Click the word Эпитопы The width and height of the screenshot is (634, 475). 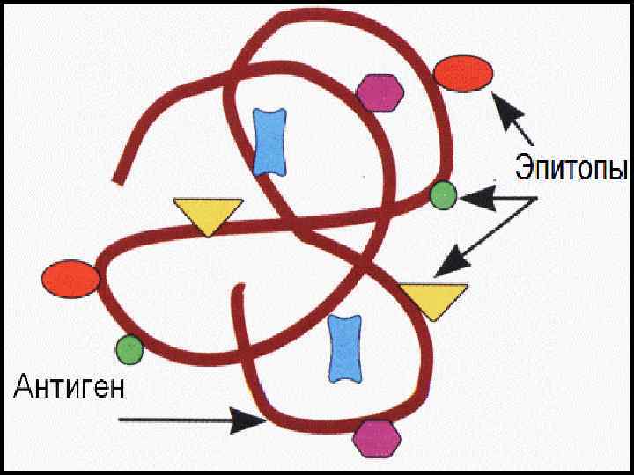pos(571,167)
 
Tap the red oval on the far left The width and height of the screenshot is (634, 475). pos(70,279)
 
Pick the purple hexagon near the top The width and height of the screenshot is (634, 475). pos(380,91)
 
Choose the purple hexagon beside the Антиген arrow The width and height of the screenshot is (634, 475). pos(376,437)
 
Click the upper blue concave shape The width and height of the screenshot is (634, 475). pos(270,141)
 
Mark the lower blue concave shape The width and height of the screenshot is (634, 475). pos(345,347)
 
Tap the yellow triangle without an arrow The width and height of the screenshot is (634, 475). pos(208,215)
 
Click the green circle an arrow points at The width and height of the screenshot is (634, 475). pos(443,195)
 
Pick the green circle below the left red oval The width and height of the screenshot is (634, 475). pos(129,349)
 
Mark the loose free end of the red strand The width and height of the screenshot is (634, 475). pos(117,182)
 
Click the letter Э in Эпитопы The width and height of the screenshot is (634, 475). pos(524,167)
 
